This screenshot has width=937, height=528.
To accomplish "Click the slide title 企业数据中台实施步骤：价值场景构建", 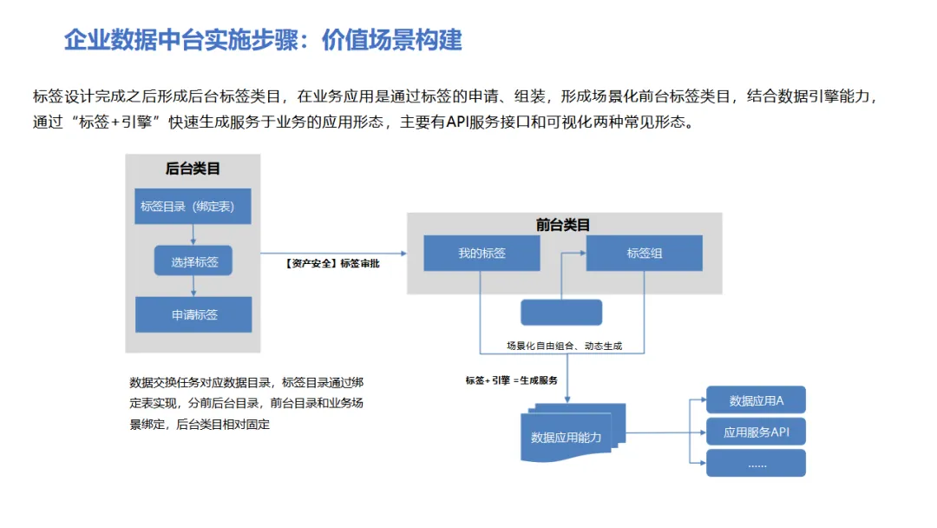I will pos(263,40).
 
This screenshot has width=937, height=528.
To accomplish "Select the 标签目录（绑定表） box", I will pos(193,207).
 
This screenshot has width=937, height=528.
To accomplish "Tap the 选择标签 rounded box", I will pos(193,261).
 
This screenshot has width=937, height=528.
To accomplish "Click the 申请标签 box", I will pos(193,314).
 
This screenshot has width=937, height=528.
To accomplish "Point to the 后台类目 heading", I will pos(193,169).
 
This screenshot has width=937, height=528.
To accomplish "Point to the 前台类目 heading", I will pos(563,224).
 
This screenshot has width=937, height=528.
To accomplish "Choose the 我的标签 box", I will pos(482,253).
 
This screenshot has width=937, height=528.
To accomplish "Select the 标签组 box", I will pos(644,253).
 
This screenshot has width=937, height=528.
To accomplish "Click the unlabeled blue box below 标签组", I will pos(560,313).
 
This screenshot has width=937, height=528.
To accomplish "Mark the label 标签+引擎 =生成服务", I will pos(511,380).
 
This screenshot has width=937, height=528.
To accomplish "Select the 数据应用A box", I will pos(756,400).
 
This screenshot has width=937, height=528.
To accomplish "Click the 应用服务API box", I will pos(756,432).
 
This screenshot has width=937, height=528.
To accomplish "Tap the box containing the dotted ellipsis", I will pos(756,464).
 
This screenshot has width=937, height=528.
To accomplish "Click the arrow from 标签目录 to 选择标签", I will pos(193,235).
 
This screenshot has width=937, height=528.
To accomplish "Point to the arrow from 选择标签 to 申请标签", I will pos(193,287).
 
